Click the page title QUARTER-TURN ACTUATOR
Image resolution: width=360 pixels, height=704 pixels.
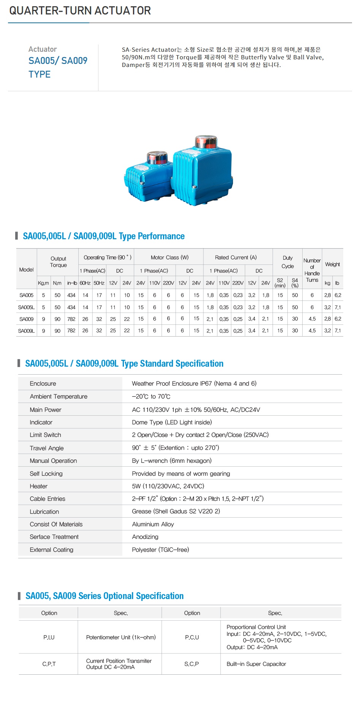[x=80, y=11]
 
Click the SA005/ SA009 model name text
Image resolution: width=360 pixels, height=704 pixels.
[x=58, y=61]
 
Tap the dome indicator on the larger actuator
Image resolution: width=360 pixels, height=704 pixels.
[x=206, y=142]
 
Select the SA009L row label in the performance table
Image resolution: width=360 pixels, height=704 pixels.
[x=26, y=331]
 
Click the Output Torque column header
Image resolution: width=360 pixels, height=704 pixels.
[x=58, y=262]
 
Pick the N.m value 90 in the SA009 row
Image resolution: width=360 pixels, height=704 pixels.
[x=57, y=319]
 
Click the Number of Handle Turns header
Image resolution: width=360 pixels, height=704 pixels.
[x=312, y=270]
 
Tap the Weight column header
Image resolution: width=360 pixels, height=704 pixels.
[x=333, y=264]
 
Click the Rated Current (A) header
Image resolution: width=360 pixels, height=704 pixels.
[x=236, y=257]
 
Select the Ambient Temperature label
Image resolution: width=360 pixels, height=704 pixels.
[x=59, y=396]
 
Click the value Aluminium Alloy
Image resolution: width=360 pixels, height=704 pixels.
[x=153, y=524]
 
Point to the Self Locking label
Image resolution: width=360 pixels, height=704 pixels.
[x=46, y=474]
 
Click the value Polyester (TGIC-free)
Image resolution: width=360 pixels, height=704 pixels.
[x=160, y=550]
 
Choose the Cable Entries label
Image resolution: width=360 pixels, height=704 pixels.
[x=48, y=499]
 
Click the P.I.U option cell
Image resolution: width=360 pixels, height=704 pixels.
[x=49, y=637]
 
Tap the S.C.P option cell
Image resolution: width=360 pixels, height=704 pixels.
[x=192, y=664]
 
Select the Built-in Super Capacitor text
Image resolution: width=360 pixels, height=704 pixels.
[x=256, y=664]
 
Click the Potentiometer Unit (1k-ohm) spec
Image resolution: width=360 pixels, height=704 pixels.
[x=121, y=637]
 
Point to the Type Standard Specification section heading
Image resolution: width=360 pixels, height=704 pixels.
[x=124, y=364]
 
